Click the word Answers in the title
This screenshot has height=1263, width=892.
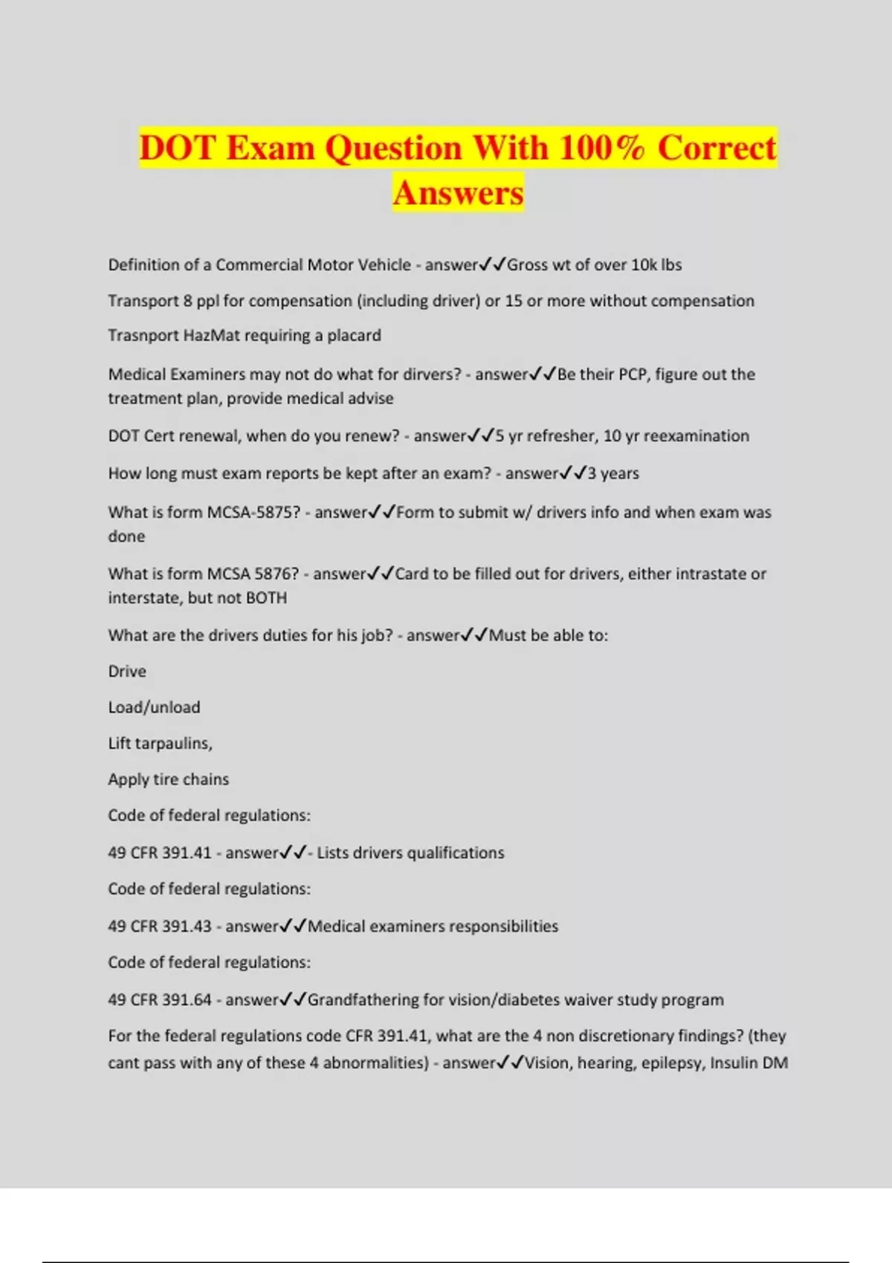(458, 192)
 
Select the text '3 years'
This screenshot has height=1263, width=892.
(613, 474)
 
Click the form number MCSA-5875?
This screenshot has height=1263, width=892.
(253, 513)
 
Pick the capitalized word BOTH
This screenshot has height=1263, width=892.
(266, 598)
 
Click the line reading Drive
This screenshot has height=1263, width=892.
(127, 672)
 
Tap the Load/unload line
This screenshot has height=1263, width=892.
(154, 707)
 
